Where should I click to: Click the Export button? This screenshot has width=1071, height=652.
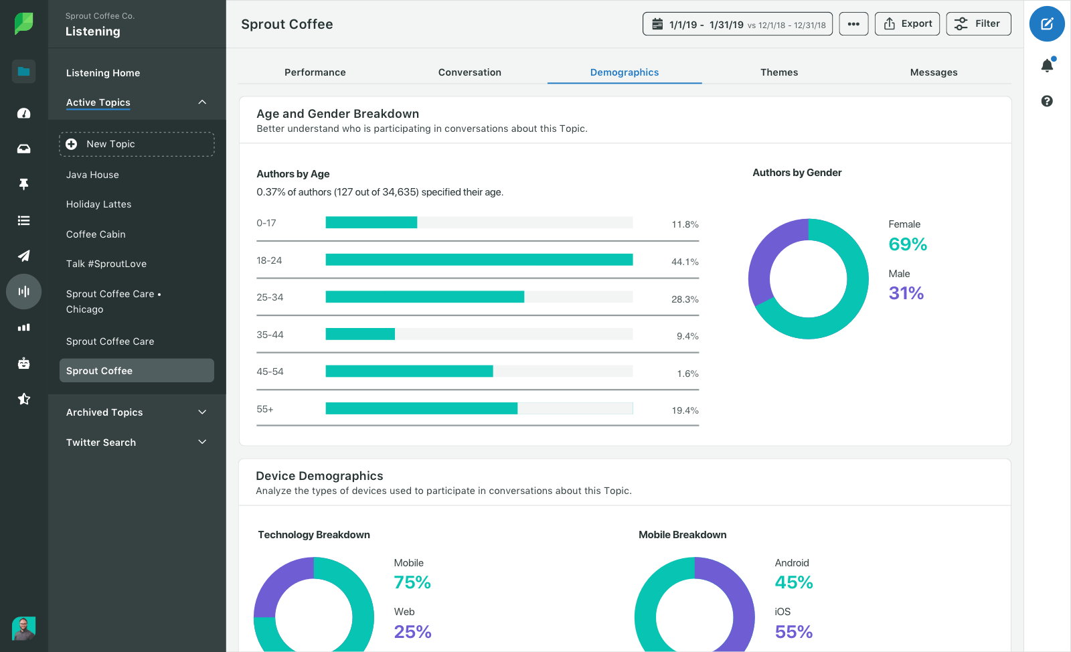[x=907, y=24]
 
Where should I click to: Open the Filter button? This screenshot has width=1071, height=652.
[x=978, y=24]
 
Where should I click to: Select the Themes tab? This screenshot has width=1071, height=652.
[x=778, y=72]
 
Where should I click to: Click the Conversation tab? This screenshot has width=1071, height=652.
[x=469, y=72]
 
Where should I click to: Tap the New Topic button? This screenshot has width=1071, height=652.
[x=137, y=144]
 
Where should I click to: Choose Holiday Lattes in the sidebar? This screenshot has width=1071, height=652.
[x=98, y=204]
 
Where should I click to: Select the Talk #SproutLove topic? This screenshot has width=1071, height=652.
[x=106, y=264]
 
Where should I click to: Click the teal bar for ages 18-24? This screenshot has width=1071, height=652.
[x=479, y=260]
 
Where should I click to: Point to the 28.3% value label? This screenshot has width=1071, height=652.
[x=684, y=299]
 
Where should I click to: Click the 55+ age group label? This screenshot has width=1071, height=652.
[x=265, y=409]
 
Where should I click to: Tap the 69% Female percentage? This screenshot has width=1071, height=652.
[x=907, y=244]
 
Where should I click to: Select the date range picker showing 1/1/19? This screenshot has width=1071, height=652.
[x=737, y=24]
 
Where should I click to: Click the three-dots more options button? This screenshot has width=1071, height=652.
[x=853, y=24]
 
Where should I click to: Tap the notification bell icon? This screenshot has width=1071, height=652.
[x=1047, y=66]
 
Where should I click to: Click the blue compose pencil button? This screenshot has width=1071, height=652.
[x=1047, y=24]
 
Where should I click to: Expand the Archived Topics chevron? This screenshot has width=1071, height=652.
[x=202, y=412]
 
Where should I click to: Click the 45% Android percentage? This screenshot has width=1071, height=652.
[x=793, y=582]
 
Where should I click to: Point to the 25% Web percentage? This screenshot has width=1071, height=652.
[x=412, y=631]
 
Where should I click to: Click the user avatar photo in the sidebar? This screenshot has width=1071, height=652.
[x=24, y=628]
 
